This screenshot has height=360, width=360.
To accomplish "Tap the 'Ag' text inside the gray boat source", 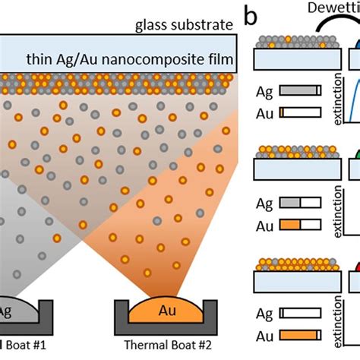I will coord(6,311).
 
